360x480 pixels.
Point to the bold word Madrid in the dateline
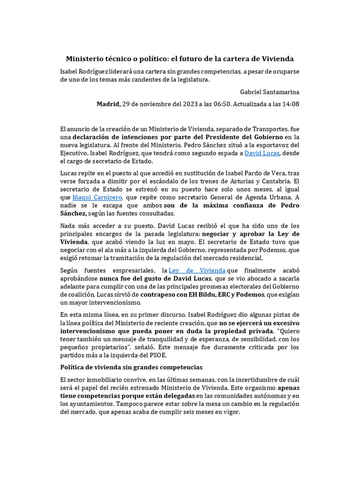coord(109,104)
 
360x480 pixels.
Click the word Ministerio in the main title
coord(89,59)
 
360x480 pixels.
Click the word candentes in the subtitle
coord(150,80)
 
